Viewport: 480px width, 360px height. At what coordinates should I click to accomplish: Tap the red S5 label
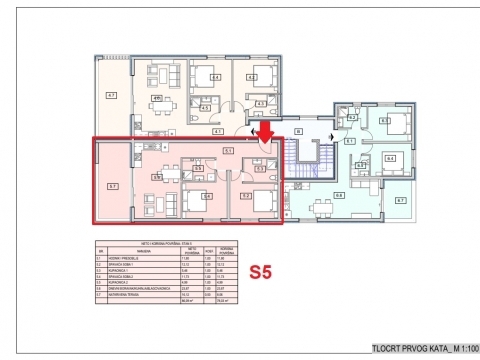(264, 270)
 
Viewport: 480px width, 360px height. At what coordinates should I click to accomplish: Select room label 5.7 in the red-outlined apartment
(114, 186)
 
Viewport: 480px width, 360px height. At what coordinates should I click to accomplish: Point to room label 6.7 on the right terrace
(400, 201)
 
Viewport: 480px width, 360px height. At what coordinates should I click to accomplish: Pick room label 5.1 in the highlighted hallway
(228, 150)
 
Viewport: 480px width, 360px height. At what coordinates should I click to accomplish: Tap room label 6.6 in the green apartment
(338, 194)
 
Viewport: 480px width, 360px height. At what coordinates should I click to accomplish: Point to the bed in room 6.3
(392, 122)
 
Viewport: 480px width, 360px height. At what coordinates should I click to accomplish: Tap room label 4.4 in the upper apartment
(215, 77)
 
